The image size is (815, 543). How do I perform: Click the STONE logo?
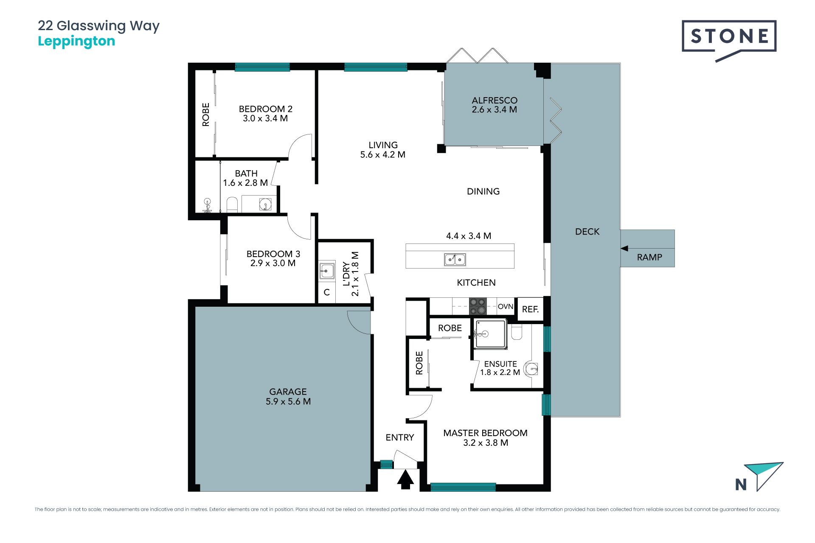click(729, 40)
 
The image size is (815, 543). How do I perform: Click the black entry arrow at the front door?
click(405, 479)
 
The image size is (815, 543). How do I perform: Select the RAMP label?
click(649, 257)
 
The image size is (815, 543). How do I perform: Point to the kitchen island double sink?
click(455, 259)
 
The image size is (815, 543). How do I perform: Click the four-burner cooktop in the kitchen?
click(478, 306)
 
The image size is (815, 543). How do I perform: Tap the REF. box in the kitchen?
click(530, 309)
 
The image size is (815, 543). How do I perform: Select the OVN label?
click(506, 306)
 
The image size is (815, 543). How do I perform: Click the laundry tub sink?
click(327, 270)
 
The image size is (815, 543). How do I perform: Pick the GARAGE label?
click(288, 392)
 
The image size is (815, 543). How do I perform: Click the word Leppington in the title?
click(76, 41)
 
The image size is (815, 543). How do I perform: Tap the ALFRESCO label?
click(495, 100)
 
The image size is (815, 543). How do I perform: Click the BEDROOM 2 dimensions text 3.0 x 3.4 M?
click(265, 118)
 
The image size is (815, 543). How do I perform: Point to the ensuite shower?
click(490, 334)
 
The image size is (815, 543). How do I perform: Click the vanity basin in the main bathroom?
click(265, 204)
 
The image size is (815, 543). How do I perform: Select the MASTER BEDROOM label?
click(485, 433)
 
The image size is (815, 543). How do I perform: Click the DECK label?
click(587, 232)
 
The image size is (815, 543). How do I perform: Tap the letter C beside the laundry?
click(327, 292)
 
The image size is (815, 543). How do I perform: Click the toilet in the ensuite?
click(517, 333)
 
